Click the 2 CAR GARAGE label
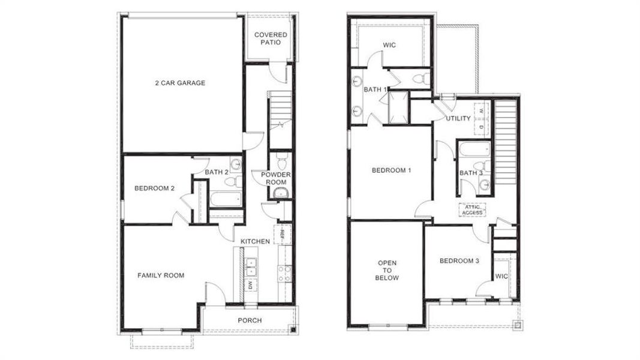(180, 83)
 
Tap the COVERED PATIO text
(271, 38)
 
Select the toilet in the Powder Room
(281, 160)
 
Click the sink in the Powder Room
(280, 193)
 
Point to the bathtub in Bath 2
(226, 199)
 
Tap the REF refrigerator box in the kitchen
(279, 235)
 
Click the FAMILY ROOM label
(161, 275)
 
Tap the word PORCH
(250, 320)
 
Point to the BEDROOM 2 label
(154, 188)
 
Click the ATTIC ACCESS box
(471, 209)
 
